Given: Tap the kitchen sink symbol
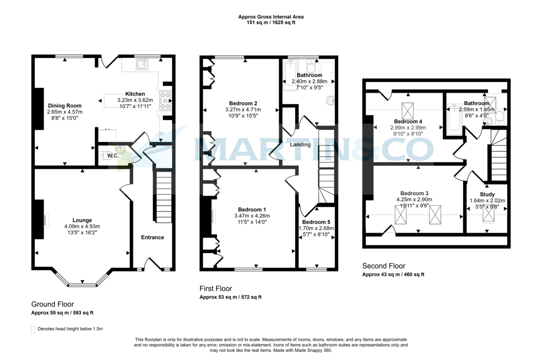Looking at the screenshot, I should [x=143, y=65].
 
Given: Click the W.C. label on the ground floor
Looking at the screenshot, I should [x=112, y=156].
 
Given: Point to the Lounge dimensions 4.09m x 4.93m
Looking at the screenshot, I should [x=82, y=227].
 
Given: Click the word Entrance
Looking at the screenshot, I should [x=153, y=237].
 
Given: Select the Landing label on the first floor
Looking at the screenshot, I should [x=300, y=145].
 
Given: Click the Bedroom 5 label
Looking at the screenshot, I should [x=317, y=222].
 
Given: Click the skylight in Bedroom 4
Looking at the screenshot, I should [x=407, y=110].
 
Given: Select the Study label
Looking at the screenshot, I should [x=487, y=195].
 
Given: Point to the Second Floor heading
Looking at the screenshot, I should [x=384, y=266].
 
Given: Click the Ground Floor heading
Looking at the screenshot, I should [x=52, y=304].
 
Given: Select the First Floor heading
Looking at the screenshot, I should [x=216, y=289].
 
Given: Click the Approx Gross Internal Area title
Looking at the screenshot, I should [x=271, y=17].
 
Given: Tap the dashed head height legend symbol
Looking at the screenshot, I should [x=33, y=329].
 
